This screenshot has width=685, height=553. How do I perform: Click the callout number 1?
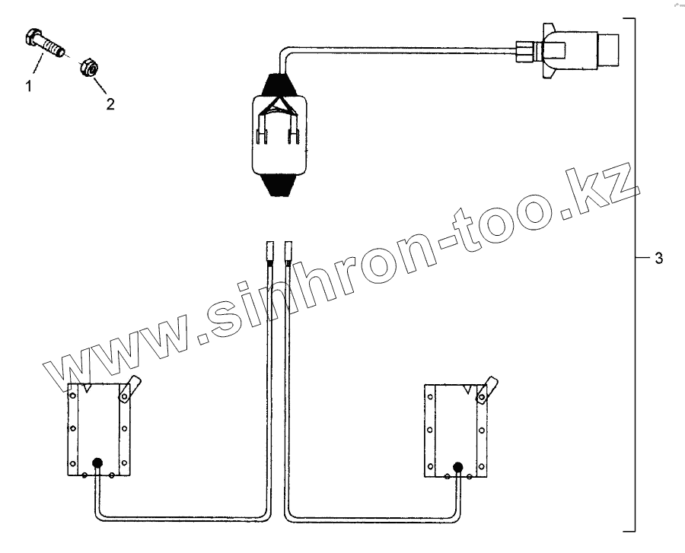[29, 86]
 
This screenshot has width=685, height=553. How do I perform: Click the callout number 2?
[110, 104]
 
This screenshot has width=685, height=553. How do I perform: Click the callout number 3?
[659, 259]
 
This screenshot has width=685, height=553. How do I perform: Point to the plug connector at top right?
[568, 49]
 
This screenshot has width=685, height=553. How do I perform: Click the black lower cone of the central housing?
[279, 184]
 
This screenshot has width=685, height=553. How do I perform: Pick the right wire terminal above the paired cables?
[288, 253]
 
